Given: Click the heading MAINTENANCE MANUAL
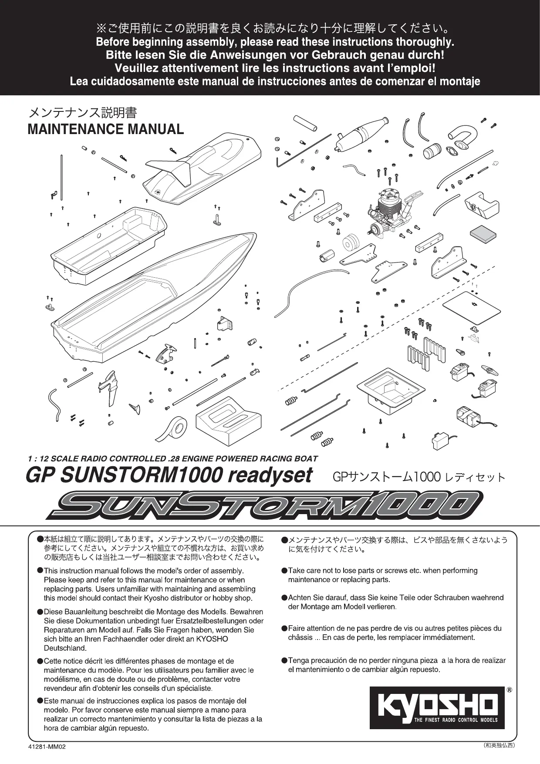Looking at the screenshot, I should coord(105,129).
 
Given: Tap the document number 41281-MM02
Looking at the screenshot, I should coord(46,746).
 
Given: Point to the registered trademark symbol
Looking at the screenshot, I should coord(509,690).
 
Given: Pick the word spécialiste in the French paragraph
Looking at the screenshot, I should coord(192,688).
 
